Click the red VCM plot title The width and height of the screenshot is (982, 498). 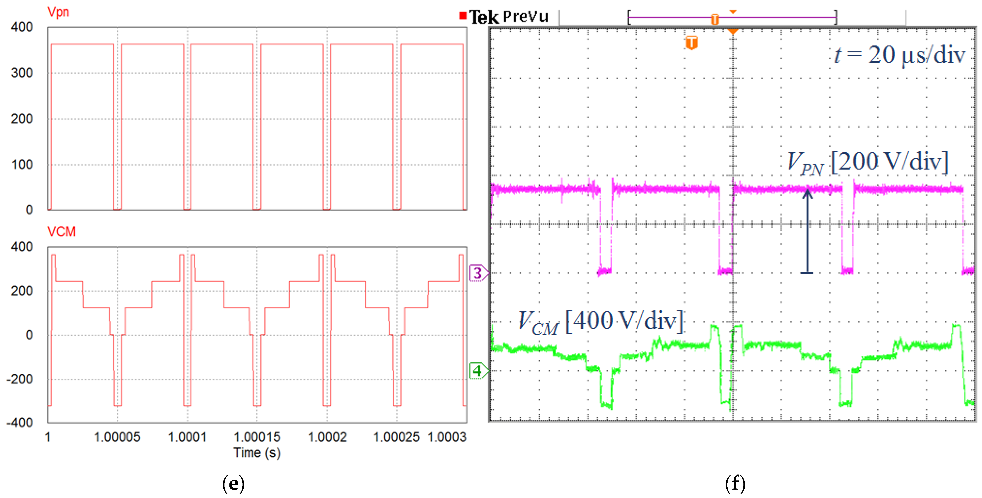click(x=61, y=232)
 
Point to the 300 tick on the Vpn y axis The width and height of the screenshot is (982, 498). click(x=22, y=73)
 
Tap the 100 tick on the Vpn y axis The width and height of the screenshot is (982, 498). click(x=22, y=165)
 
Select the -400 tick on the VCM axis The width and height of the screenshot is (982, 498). click(x=20, y=422)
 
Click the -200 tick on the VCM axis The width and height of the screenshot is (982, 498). click(x=20, y=379)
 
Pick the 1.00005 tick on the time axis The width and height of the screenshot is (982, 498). click(x=117, y=437)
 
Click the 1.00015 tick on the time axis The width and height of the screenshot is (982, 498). click(x=257, y=437)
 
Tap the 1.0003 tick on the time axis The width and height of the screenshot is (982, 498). click(x=446, y=437)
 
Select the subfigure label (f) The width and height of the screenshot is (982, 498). click(x=735, y=484)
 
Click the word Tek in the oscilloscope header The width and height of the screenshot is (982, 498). click(x=483, y=17)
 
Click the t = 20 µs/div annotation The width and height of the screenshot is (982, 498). click(x=900, y=55)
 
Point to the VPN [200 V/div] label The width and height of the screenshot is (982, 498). click(x=867, y=163)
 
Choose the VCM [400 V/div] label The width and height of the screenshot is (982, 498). click(x=600, y=322)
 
